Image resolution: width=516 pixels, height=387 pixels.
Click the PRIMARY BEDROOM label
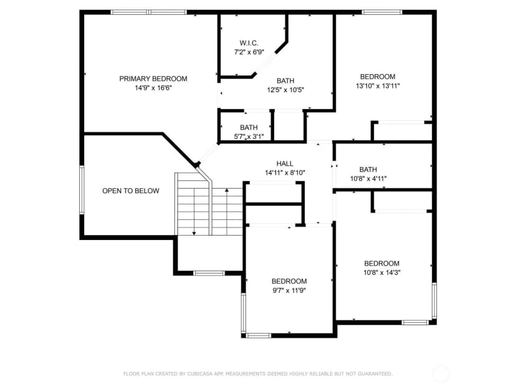tap(153, 79)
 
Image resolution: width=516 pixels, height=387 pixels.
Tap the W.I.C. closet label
tap(249, 43)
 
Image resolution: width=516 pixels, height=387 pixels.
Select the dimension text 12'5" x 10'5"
tap(285, 90)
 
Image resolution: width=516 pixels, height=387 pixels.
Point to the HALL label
tap(285, 163)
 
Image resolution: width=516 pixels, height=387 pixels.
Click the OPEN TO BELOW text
tap(131, 191)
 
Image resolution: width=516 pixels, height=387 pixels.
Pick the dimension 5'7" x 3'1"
tap(249, 136)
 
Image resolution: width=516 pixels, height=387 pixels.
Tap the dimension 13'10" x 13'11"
tap(378, 86)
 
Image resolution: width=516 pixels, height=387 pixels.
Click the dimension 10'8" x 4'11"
tap(368, 179)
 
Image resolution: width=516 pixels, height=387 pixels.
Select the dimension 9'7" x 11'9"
tap(289, 290)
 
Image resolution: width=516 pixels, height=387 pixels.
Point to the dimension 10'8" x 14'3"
tap(382, 272)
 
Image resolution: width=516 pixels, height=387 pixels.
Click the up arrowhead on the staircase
tap(227, 190)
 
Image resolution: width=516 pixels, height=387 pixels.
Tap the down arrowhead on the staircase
tap(194, 233)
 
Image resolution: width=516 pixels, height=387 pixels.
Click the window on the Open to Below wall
tap(82, 190)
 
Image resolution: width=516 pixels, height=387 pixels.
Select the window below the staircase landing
tap(209, 273)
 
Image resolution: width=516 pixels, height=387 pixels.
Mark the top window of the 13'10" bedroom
tap(382, 12)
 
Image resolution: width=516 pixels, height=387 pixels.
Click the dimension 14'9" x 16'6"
tap(153, 88)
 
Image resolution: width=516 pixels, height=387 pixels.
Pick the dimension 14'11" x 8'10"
tap(285, 173)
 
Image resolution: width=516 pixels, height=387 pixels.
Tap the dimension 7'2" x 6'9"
tap(249, 52)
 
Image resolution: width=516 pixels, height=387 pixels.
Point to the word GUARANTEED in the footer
tap(375, 374)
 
